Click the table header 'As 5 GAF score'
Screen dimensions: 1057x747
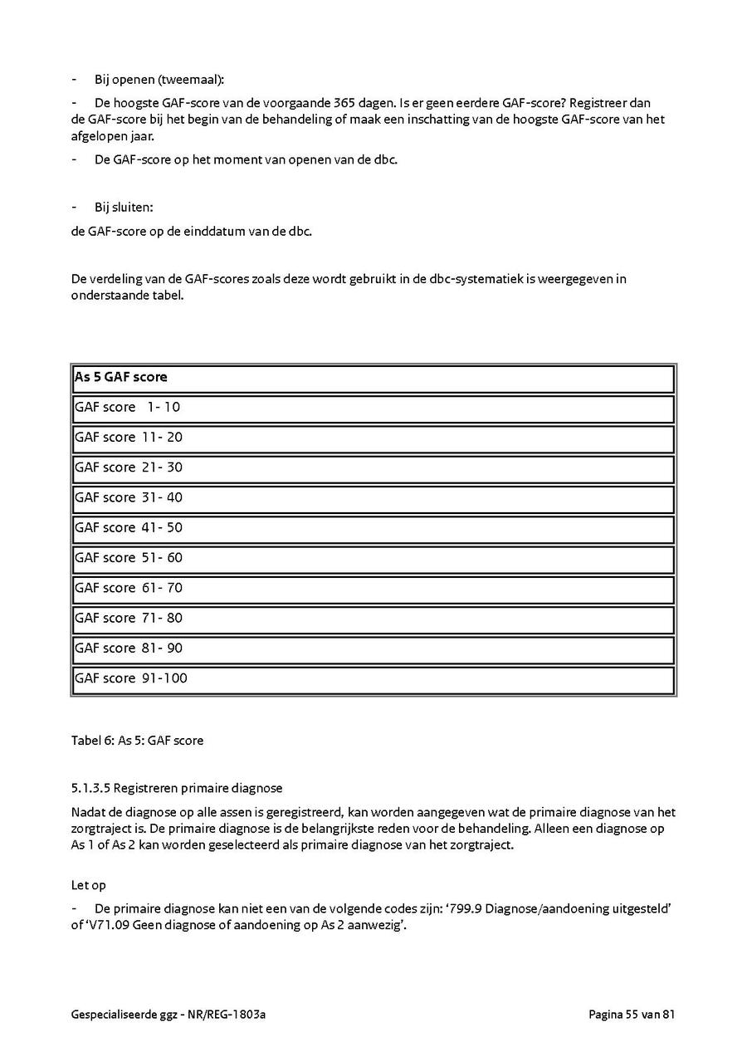(121, 377)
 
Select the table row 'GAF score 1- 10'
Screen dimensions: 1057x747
(128, 408)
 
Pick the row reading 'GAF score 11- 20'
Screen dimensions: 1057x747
(129, 438)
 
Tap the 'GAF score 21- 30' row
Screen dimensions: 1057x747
(129, 467)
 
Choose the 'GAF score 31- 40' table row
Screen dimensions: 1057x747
(129, 497)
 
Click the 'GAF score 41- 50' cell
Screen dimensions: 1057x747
(129, 527)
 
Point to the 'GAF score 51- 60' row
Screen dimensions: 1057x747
(129, 558)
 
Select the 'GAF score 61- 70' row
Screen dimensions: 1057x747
(129, 588)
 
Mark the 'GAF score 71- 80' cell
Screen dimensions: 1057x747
(129, 618)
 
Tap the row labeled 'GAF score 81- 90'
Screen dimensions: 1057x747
(129, 648)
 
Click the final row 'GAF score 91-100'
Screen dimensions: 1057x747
(131, 678)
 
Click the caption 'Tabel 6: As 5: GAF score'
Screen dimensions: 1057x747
(137, 740)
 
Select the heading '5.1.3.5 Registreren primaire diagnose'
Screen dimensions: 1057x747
(177, 788)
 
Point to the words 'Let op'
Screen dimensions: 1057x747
(89, 886)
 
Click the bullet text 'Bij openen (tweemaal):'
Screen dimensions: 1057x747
(159, 80)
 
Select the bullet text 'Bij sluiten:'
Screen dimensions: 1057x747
(124, 207)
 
